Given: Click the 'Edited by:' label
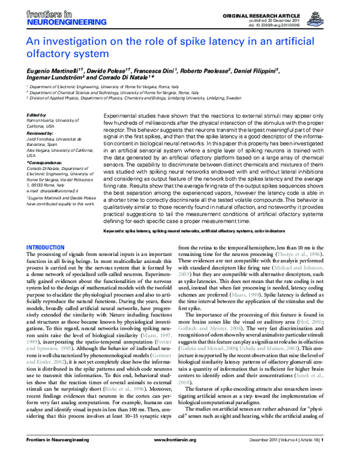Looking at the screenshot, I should pos(37,114).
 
